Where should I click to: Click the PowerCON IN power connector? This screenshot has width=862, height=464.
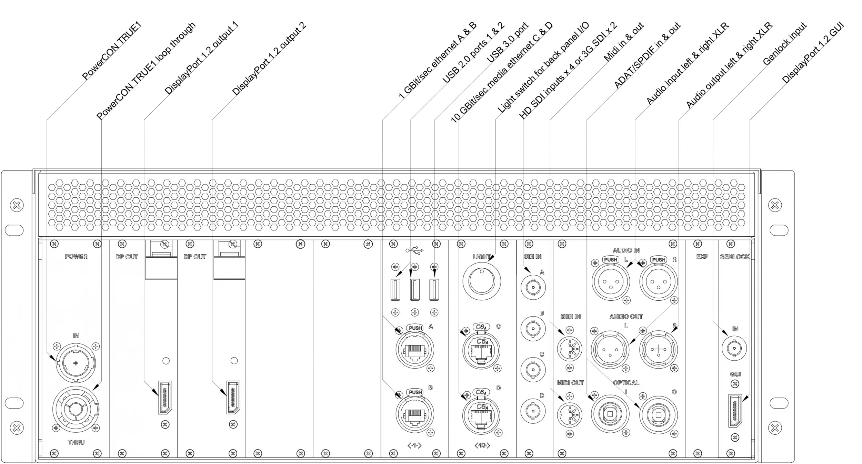pos(76,363)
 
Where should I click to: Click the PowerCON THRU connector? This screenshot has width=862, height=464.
pos(76,410)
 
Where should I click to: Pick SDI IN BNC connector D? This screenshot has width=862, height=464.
pos(533,411)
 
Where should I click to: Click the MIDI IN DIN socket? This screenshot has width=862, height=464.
pos(569,349)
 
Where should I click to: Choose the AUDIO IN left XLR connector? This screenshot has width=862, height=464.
pos(611,282)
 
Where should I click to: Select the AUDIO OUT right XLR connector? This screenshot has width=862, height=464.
pos(658,350)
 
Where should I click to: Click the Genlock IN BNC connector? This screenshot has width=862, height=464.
pos(734,349)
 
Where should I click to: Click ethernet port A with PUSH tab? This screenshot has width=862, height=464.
pos(415,350)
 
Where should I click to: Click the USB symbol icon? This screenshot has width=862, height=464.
pos(415,250)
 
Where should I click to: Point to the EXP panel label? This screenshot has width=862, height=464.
pos(702,257)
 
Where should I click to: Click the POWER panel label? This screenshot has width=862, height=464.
pos(76,256)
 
